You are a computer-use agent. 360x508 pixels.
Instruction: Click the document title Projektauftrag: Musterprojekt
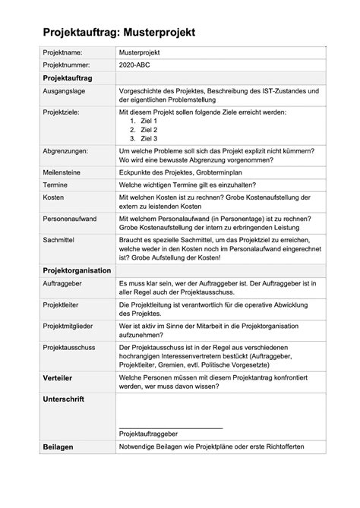pyautogui.click(x=119, y=33)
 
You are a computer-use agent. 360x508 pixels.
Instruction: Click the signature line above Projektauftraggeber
pyautogui.click(x=171, y=427)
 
